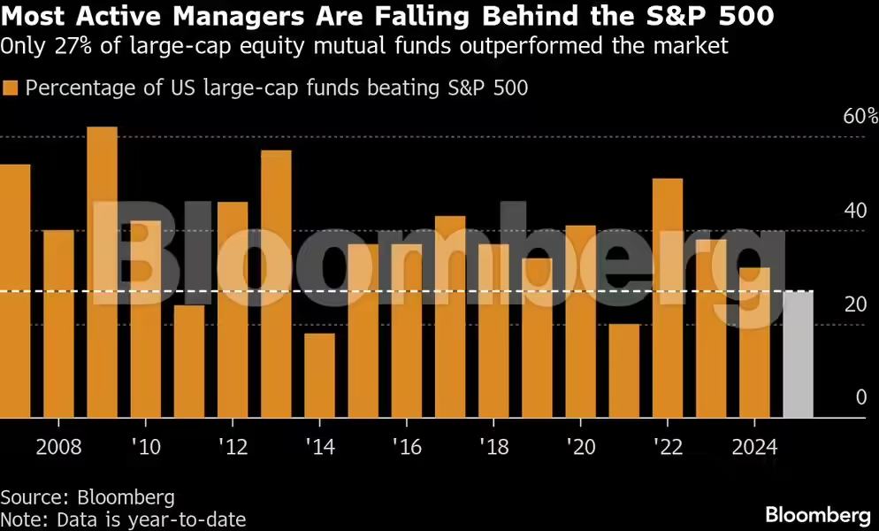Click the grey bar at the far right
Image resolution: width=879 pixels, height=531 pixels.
pyautogui.click(x=799, y=354)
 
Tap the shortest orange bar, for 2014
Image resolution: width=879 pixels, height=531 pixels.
pyautogui.click(x=319, y=375)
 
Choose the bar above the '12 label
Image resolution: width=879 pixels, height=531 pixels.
pyautogui.click(x=233, y=310)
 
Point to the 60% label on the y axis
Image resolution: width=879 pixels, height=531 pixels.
pyautogui.click(x=860, y=117)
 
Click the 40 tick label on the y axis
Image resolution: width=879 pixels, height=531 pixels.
pyautogui.click(x=854, y=211)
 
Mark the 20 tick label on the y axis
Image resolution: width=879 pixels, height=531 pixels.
pyautogui.click(x=854, y=304)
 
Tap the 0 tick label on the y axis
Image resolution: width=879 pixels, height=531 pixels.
pyautogui.click(x=860, y=398)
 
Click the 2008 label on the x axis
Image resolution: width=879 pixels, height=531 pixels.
pyautogui.click(x=58, y=446)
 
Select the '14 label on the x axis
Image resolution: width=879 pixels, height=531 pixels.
pyautogui.click(x=319, y=446)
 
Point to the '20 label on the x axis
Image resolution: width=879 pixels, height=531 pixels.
pyautogui.click(x=580, y=446)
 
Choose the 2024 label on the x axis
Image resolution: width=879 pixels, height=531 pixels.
pyautogui.click(x=753, y=446)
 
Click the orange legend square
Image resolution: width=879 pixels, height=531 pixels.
pyautogui.click(x=11, y=88)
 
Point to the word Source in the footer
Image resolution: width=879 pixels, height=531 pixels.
pyautogui.click(x=31, y=496)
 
